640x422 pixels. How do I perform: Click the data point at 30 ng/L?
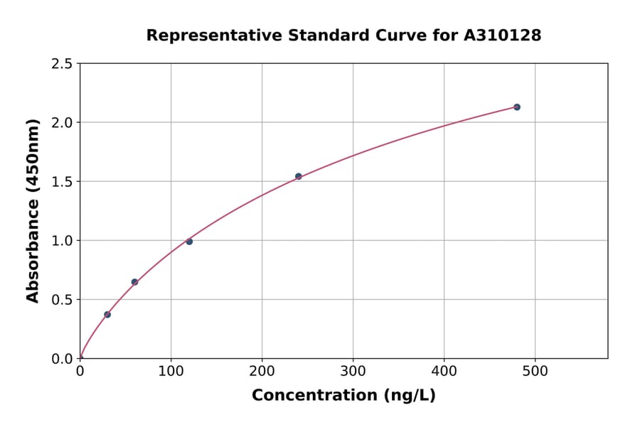pyautogui.click(x=107, y=314)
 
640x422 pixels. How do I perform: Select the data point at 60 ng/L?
pyautogui.click(x=134, y=282)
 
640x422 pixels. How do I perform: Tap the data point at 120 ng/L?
pyautogui.click(x=189, y=242)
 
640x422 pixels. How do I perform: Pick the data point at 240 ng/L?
pyautogui.click(x=299, y=176)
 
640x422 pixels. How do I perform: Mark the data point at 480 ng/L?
pyautogui.click(x=517, y=107)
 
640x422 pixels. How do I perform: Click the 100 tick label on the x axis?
pyautogui.click(x=171, y=371)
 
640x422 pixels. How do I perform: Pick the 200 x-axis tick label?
pyautogui.click(x=262, y=371)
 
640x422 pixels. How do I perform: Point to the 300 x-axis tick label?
pyautogui.click(x=353, y=371)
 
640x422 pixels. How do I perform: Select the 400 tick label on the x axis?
pyautogui.click(x=444, y=371)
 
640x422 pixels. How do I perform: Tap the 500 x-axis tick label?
pyautogui.click(x=535, y=371)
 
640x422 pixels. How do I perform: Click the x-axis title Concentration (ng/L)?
pyautogui.click(x=343, y=395)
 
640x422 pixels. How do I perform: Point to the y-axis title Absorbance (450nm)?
pyautogui.click(x=33, y=210)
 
